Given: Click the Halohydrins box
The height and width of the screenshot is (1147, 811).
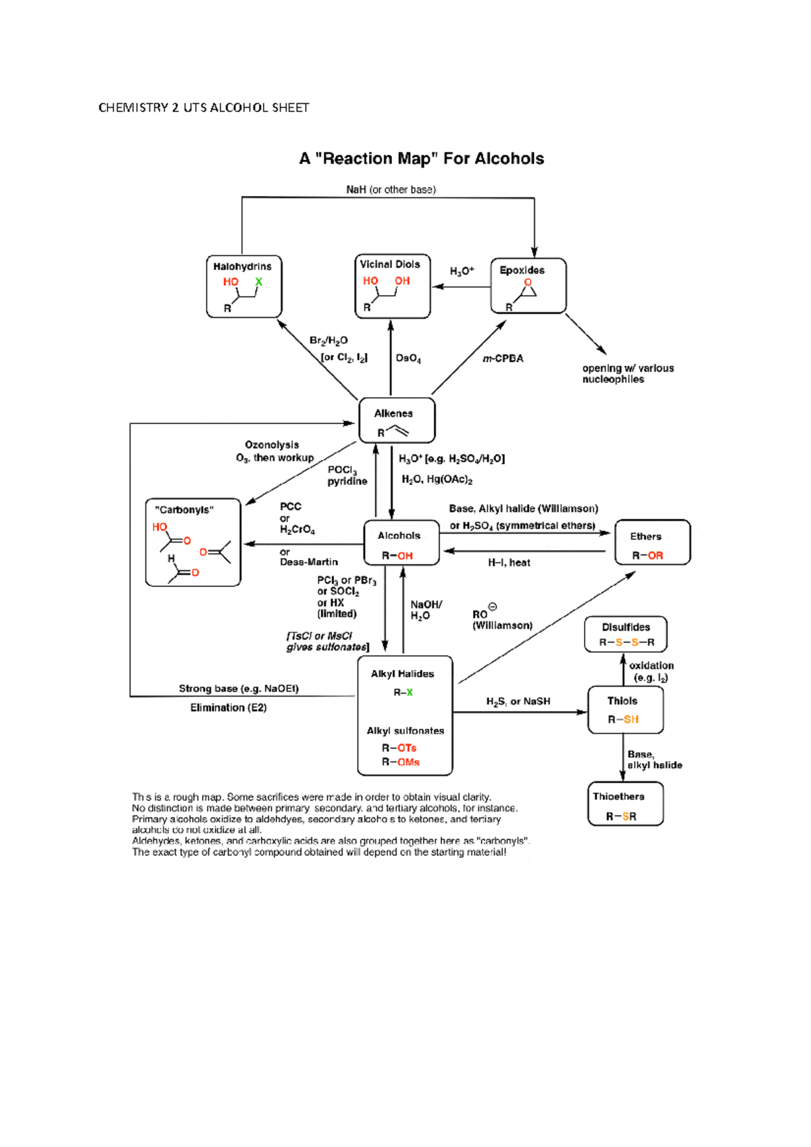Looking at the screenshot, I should (243, 286).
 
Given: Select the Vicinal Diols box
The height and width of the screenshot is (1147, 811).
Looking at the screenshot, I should (392, 286).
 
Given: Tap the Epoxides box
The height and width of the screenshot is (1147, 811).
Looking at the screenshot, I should (528, 286).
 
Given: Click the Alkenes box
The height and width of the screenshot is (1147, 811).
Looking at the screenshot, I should (397, 421).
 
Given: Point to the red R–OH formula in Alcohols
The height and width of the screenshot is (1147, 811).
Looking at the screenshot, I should (397, 556).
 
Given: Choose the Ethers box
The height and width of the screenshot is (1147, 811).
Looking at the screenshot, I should (652, 542).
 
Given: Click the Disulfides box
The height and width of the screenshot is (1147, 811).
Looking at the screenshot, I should (626, 634).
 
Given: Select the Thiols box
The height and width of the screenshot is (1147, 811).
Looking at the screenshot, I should (625, 710).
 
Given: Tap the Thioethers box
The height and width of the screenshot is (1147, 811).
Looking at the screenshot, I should (625, 804).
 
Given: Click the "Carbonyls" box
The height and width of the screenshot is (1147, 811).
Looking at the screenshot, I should (193, 542).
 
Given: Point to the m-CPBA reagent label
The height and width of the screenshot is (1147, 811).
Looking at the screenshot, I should (503, 359).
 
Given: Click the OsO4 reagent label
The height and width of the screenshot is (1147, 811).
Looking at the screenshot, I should (408, 359).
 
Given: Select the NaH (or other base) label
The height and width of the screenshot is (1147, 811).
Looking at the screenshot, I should (391, 190).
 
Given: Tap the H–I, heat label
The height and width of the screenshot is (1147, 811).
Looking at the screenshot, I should (509, 563).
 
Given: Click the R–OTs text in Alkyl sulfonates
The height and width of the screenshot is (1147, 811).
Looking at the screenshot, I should (399, 748).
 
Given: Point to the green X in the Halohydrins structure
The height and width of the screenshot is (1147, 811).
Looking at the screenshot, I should (258, 282).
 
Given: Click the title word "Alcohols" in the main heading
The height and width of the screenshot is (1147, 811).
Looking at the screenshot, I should (510, 159).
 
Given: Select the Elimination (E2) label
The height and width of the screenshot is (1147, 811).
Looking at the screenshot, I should (228, 708).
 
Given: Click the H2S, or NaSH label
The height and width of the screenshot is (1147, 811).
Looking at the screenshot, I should (518, 702).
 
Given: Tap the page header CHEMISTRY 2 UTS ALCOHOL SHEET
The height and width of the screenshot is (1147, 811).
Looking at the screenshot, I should (203, 107).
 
